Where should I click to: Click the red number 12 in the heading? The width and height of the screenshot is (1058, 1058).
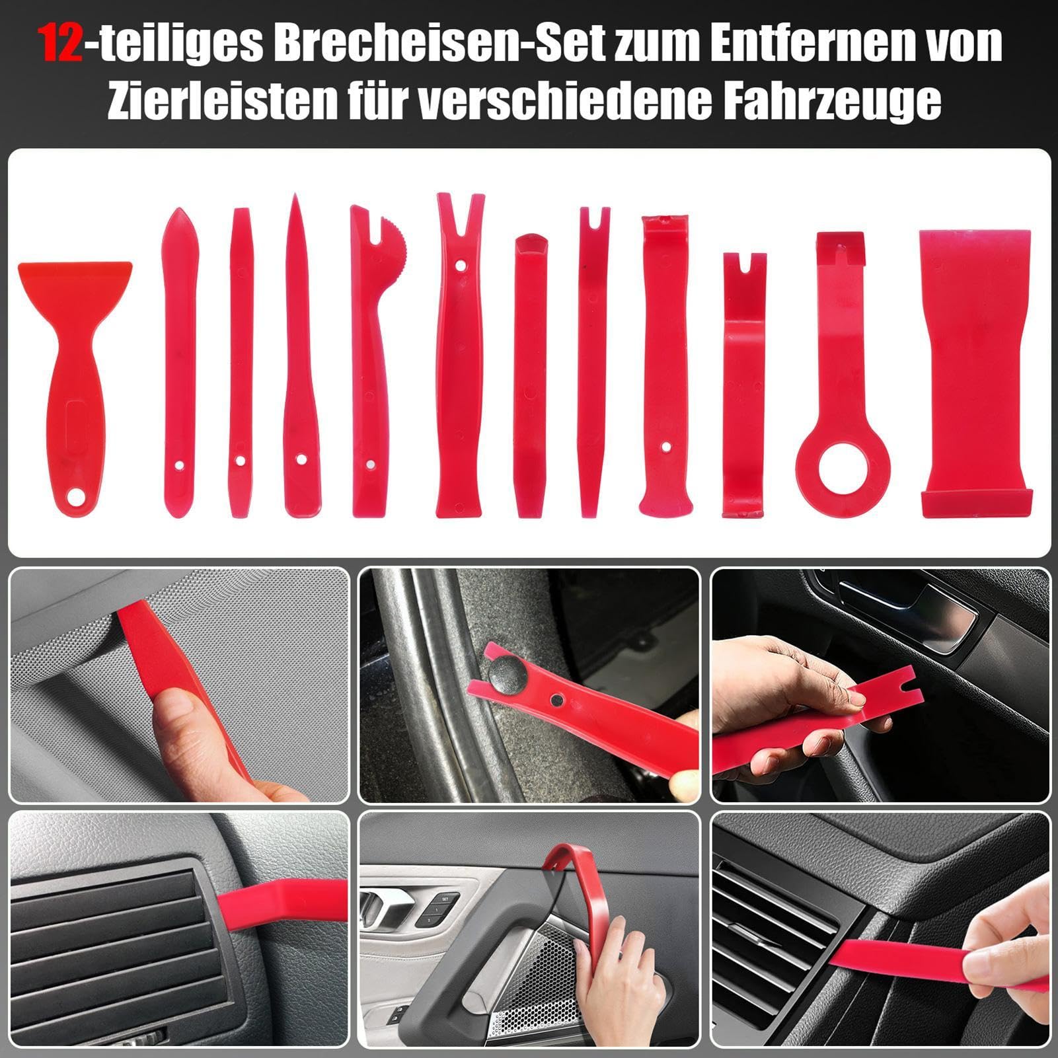coord(61,44)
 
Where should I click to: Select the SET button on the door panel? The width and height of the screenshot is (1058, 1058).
coord(445,899)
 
